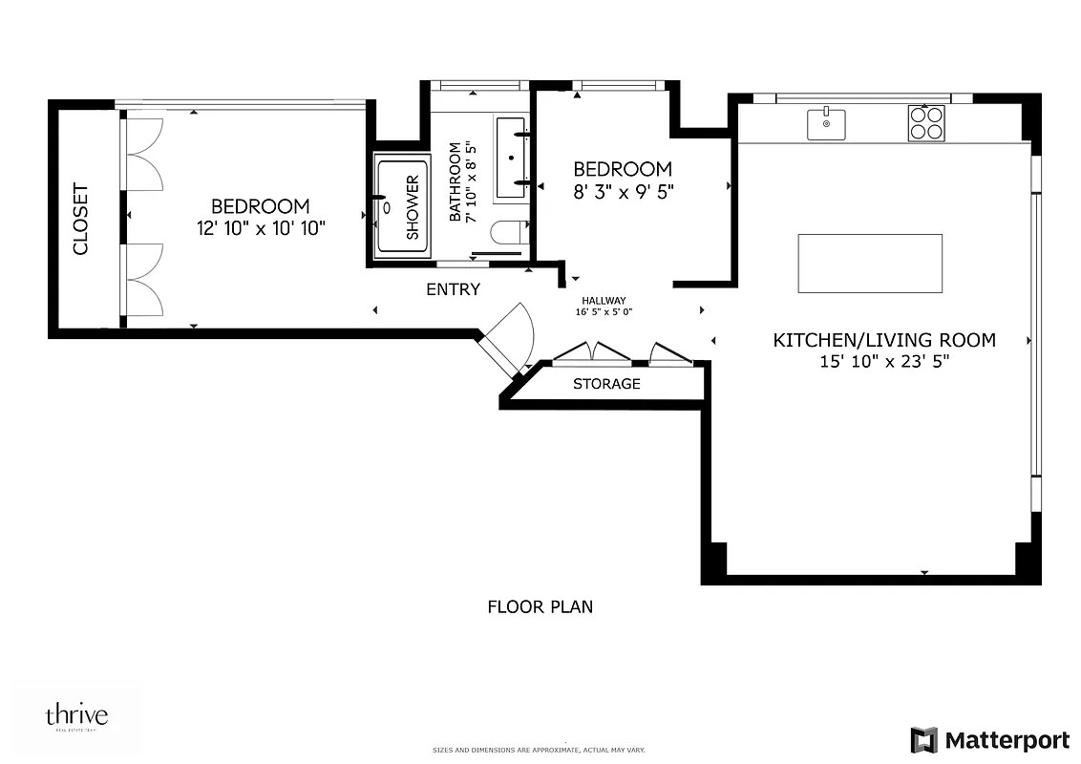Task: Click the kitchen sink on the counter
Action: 826,124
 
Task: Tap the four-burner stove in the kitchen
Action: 925,124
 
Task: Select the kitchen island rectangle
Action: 870,264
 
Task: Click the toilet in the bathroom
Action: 507,232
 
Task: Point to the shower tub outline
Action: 401,206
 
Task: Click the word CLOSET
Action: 80,219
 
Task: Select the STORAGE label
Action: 606,384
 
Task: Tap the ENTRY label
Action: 453,289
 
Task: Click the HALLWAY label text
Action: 603,300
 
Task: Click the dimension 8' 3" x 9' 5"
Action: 623,191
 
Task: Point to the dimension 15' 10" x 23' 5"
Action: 883,362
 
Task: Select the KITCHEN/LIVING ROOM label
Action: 883,340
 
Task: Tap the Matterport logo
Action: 989,740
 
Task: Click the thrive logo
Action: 76,716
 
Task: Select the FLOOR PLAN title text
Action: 540,606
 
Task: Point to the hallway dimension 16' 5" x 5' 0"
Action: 603,311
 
